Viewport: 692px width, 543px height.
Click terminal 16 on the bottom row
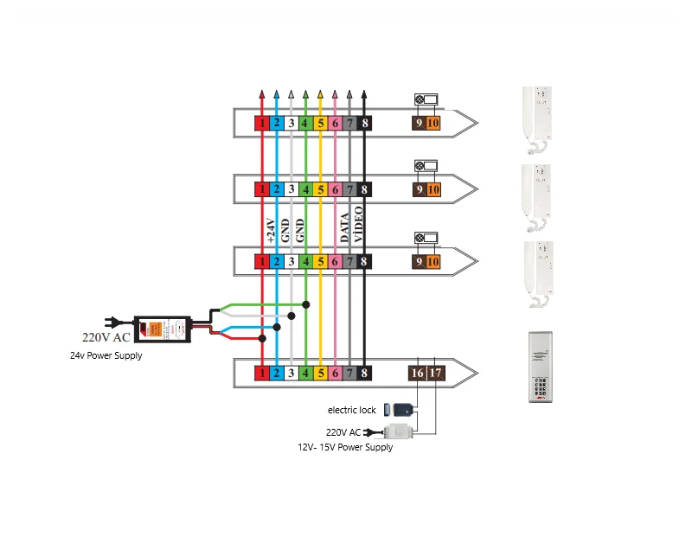[x=417, y=373]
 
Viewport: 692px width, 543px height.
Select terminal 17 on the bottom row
[x=435, y=373]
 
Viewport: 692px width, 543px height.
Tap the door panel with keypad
[x=541, y=367]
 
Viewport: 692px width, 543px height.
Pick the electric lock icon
[x=400, y=409]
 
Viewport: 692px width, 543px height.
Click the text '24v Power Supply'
[x=106, y=355]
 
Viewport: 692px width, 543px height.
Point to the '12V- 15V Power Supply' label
[x=345, y=447]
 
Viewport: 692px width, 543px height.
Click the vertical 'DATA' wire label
[x=344, y=227]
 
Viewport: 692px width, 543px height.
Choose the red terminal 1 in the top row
[x=261, y=124]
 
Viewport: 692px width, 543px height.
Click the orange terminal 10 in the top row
[x=433, y=124]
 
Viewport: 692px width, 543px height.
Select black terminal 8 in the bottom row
[x=365, y=373]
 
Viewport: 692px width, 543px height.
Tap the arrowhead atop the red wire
[x=261, y=92]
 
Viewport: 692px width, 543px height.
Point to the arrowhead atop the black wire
[x=365, y=92]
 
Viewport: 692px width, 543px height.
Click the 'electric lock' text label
[x=351, y=410]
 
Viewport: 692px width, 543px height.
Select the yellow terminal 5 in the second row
[x=320, y=189]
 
